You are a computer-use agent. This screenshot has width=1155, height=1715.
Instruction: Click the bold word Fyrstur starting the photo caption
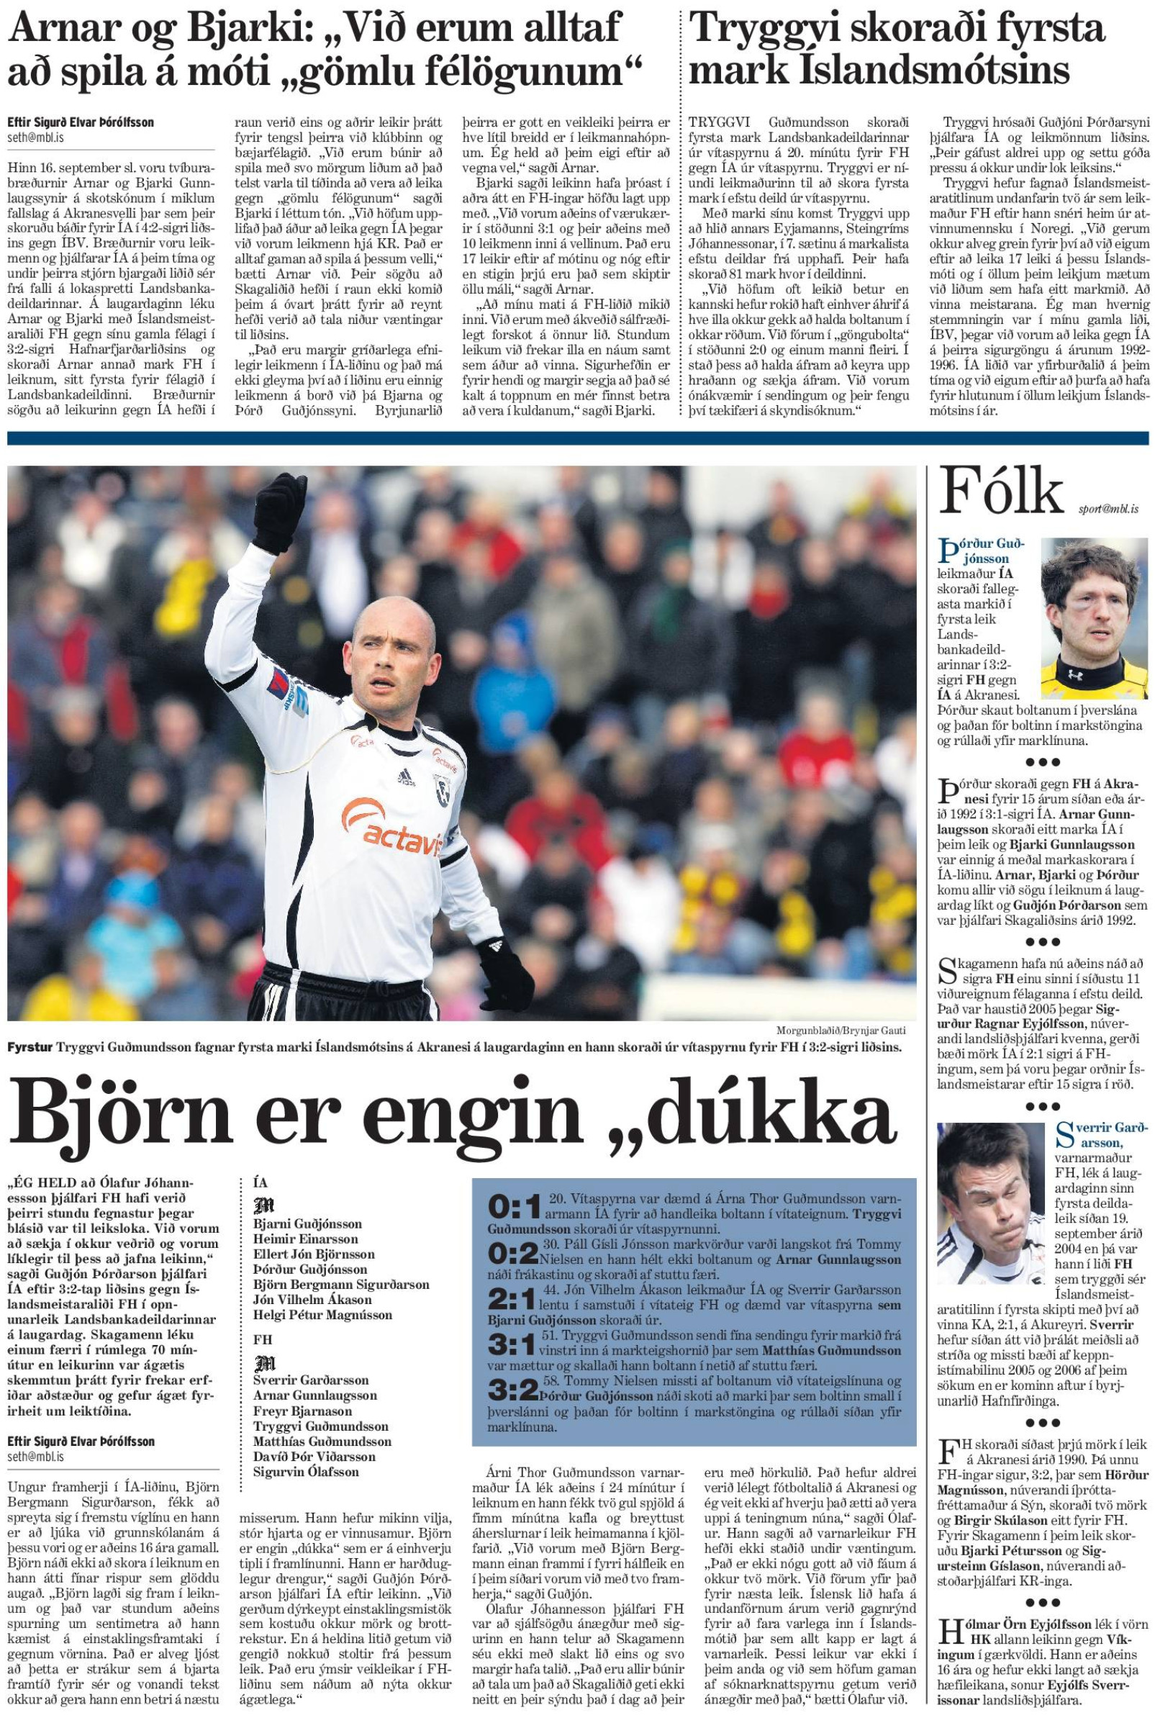30,1047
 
